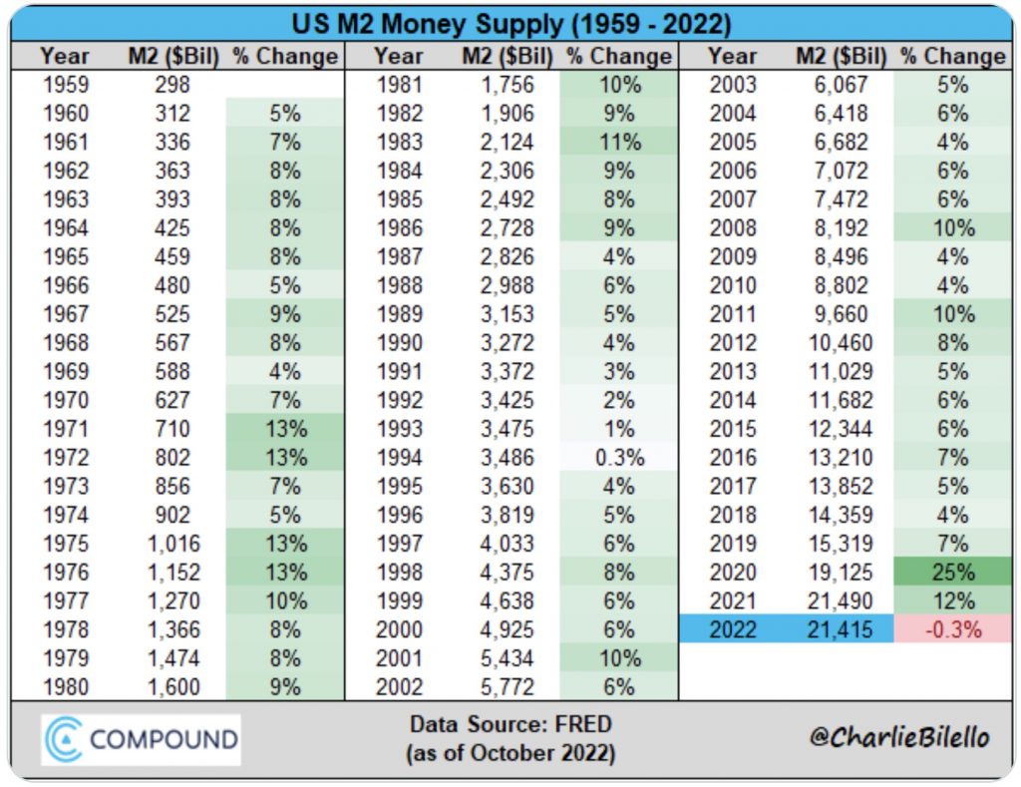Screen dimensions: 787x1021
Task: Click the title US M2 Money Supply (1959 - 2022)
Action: point(510,23)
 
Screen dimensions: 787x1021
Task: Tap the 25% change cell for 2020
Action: point(953,573)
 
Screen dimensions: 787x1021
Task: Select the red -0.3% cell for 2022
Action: point(953,629)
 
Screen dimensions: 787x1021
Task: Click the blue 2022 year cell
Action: point(733,629)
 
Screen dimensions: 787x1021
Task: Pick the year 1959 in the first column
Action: point(65,85)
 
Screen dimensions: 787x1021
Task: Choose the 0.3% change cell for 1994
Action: point(618,458)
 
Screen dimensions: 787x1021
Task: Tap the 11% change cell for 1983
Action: point(618,143)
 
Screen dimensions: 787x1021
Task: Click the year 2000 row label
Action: point(399,629)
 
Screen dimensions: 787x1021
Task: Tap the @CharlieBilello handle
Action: point(899,737)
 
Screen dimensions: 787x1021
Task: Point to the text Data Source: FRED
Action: point(510,724)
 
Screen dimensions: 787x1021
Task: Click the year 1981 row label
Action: point(399,85)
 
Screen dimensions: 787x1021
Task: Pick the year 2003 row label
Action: point(733,85)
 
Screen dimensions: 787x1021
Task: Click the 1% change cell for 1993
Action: point(618,430)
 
